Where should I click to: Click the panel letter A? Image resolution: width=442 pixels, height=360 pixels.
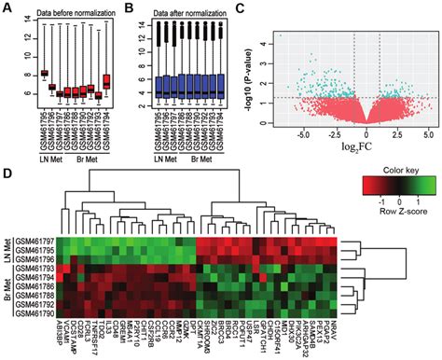7,7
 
